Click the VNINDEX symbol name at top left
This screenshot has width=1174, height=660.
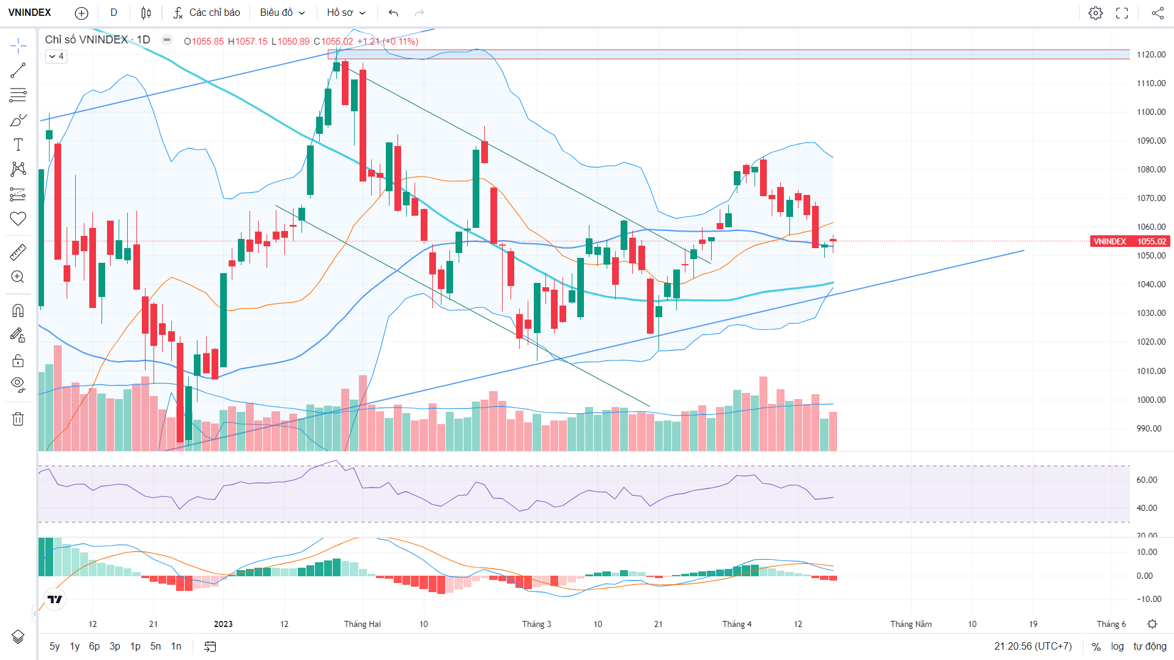pos(29,13)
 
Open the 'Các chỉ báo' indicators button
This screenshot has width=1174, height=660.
pos(206,13)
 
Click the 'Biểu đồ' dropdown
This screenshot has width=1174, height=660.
pos(282,13)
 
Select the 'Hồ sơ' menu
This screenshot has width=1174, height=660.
pos(346,13)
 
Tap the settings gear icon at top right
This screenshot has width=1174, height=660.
pos(1096,13)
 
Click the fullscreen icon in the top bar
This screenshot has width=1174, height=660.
pos(1122,13)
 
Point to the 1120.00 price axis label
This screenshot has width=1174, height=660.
pos(1151,54)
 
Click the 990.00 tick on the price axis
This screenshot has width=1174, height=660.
pos(1149,428)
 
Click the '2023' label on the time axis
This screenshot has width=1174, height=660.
pos(223,624)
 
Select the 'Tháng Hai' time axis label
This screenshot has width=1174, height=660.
pos(362,624)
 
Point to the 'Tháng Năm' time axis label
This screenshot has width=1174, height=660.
pos(911,624)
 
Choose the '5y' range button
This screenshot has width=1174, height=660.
pos(54,647)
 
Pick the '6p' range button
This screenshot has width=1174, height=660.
pos(94,647)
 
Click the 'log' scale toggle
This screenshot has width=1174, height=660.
pos(1117,647)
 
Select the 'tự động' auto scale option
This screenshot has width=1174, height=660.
pos(1150,647)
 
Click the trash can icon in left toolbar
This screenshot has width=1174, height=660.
pos(18,419)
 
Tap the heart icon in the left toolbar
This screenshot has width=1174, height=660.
pos(18,219)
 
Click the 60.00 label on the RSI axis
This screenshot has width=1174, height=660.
pos(1147,480)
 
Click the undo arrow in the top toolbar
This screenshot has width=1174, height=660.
pos(393,13)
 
